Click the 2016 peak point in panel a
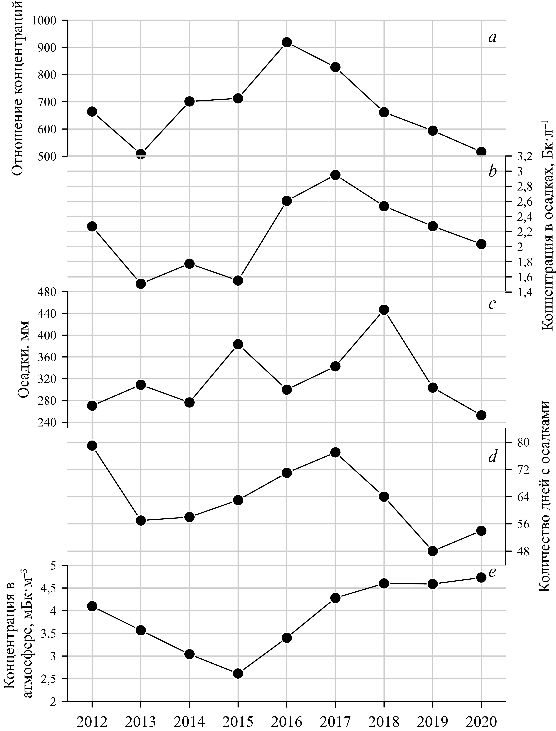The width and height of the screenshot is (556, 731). click(287, 42)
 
